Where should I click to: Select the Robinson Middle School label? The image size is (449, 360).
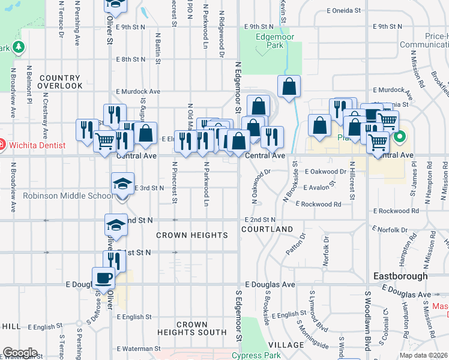[67, 196]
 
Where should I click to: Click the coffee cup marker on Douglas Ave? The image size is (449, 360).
[103, 278]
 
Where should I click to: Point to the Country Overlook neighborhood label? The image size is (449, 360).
[60, 82]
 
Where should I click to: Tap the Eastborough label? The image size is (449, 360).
[400, 276]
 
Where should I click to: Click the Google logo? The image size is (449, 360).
[20, 353]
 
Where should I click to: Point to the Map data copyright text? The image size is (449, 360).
[423, 355]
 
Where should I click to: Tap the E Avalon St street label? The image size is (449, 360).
[324, 188]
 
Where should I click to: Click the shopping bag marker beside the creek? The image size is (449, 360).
[289, 86]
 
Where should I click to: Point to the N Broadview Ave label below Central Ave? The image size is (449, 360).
[13, 187]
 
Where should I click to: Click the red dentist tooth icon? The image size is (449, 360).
[2, 145]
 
